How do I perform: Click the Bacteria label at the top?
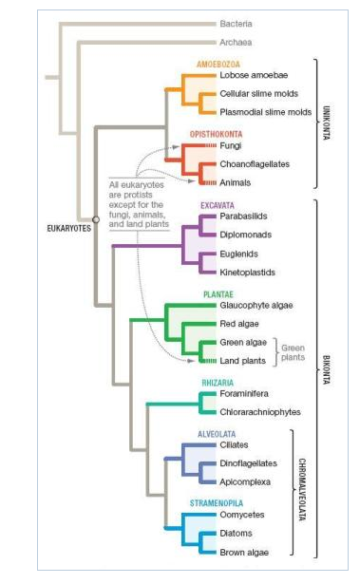[x=236, y=23]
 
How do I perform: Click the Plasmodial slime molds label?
[x=265, y=111]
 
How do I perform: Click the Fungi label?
[x=230, y=146]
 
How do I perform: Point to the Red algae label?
[x=241, y=324]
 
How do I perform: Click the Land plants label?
[x=244, y=360]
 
